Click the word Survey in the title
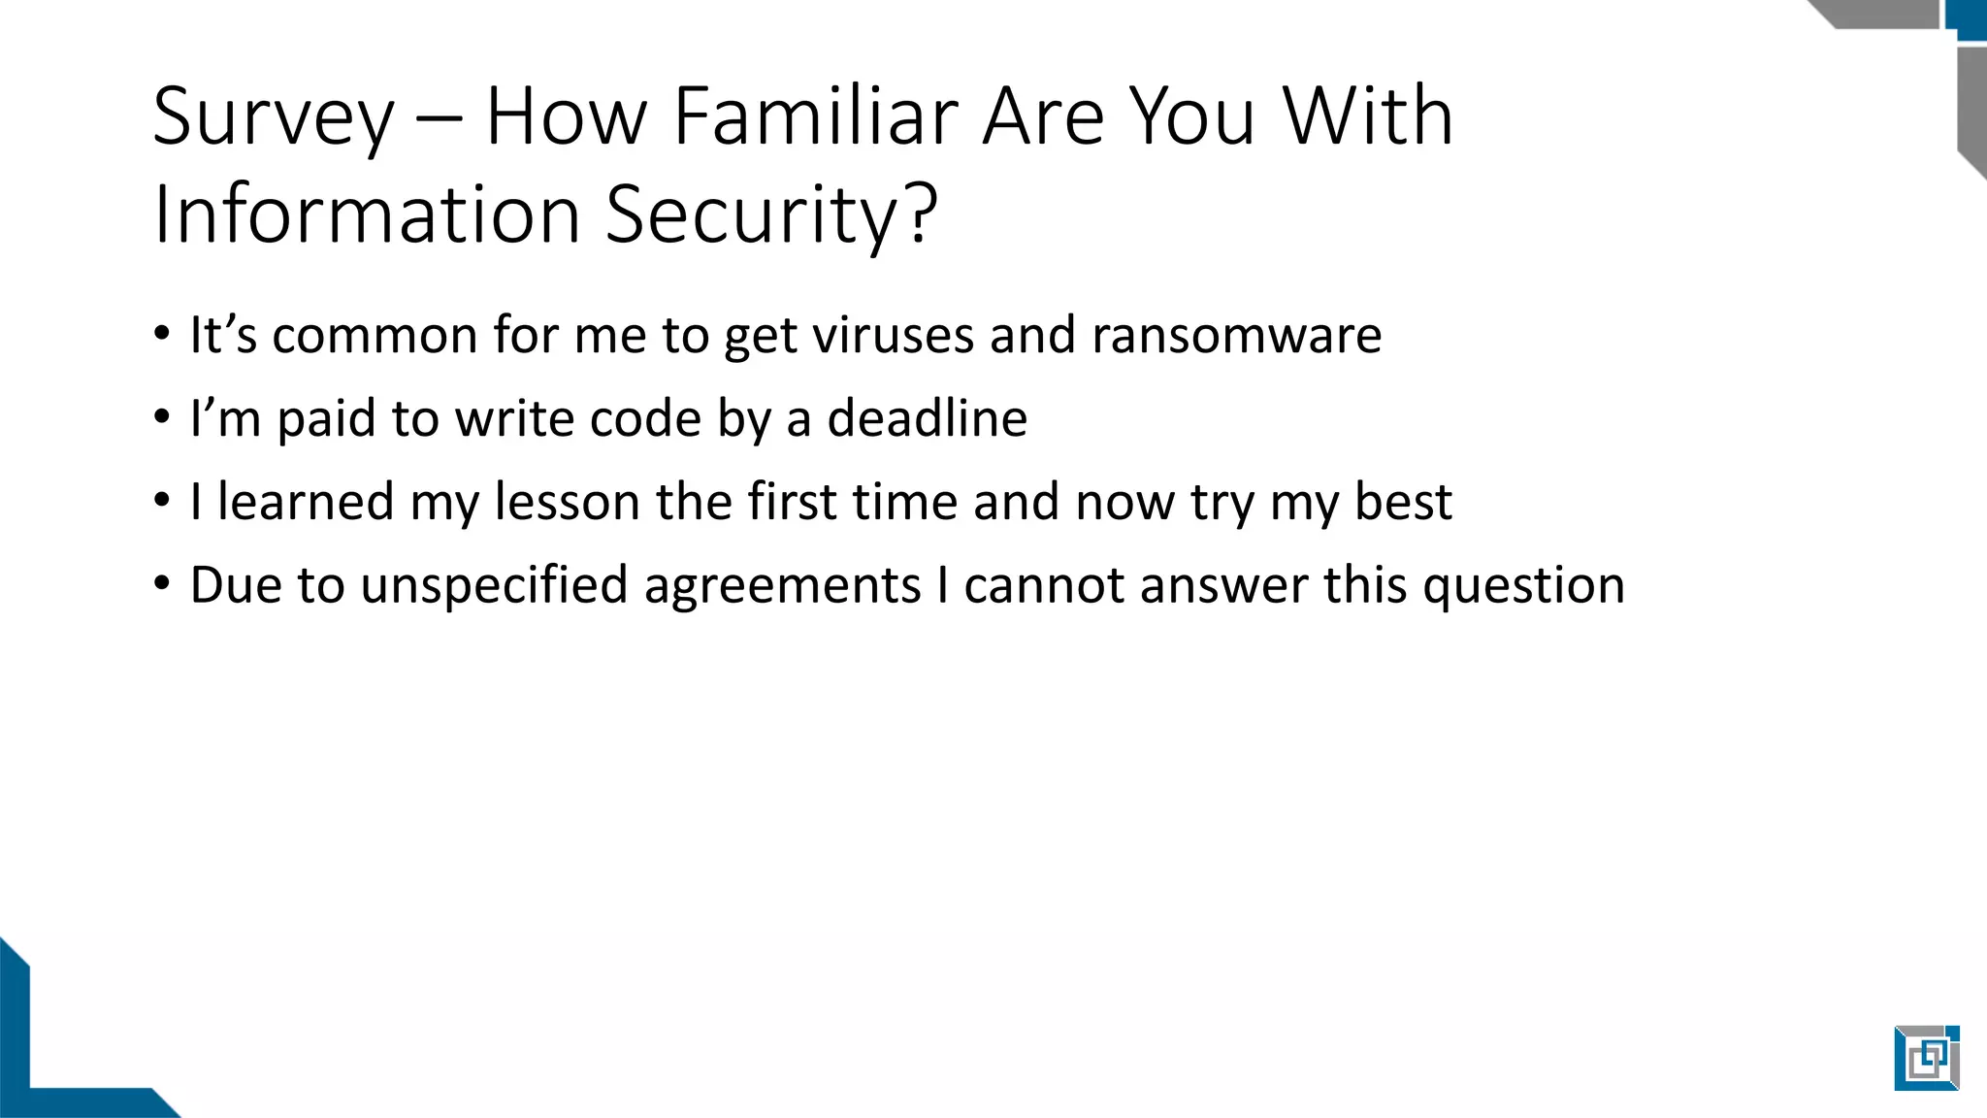coord(274,118)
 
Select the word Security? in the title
coord(771,215)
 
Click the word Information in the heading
coord(367,214)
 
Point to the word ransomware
coord(1236,336)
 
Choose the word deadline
coord(927,419)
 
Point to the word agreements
coord(782,586)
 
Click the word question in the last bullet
coord(1523,586)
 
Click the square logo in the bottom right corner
coord(1926,1058)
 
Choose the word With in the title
coord(1368,116)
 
